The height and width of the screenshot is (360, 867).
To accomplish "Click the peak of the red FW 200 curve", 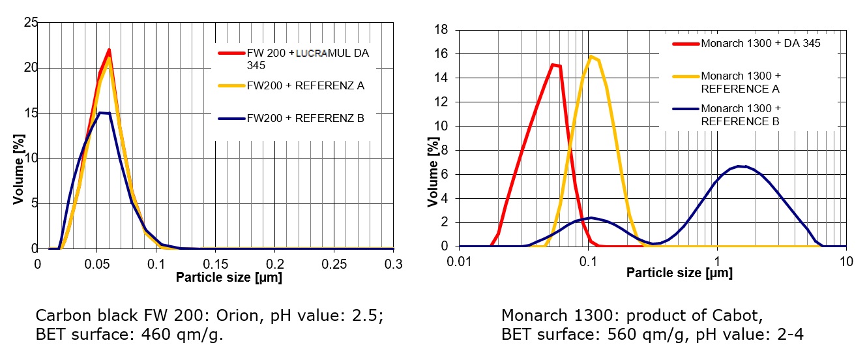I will (109, 50).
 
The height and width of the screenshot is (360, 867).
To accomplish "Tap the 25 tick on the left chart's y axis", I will (29, 23).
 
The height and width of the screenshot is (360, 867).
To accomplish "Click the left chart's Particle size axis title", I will (229, 277).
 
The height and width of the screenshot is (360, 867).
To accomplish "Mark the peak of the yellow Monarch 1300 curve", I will (592, 57).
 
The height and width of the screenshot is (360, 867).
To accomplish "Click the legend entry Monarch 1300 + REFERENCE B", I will (741, 115).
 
